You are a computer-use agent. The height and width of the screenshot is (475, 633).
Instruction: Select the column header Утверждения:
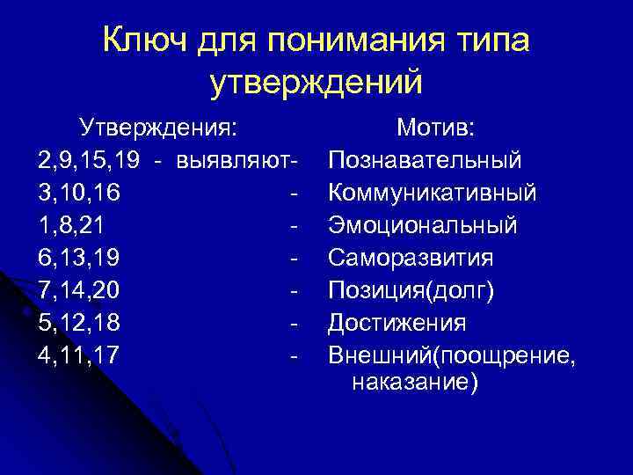tap(158, 128)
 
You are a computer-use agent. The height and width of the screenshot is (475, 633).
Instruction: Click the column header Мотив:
tap(436, 128)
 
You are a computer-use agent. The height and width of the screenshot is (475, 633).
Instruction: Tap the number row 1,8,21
tap(72, 226)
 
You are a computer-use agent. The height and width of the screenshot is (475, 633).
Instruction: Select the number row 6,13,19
tap(79, 259)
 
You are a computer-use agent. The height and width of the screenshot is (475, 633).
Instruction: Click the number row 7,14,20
tap(79, 291)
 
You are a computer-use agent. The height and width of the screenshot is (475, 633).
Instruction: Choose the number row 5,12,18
tap(79, 324)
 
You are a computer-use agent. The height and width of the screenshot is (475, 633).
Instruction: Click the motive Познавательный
tap(425, 161)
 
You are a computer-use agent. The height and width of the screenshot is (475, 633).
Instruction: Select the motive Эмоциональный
tap(423, 226)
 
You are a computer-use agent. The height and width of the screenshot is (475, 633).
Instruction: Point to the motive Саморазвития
tap(411, 259)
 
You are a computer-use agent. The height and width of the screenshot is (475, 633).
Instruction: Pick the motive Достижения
tap(397, 324)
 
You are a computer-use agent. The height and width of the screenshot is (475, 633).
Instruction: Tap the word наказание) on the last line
tap(414, 383)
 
